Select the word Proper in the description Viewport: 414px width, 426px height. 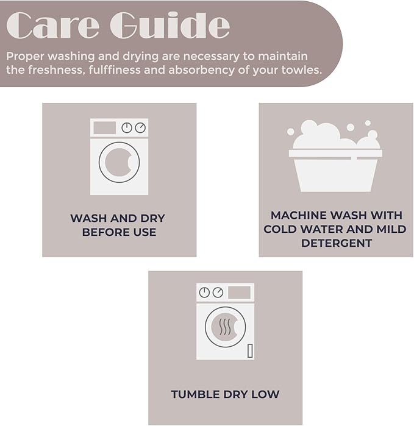[25, 56]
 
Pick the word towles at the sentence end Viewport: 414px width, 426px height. [301, 70]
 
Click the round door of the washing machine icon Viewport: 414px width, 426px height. [119, 162]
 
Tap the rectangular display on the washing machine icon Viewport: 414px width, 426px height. [105, 128]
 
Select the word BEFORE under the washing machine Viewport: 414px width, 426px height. [101, 232]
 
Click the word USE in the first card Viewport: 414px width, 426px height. [144, 232]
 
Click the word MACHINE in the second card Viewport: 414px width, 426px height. [297, 216]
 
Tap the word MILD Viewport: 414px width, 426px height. [387, 229]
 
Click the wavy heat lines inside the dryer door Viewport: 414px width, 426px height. [225, 327]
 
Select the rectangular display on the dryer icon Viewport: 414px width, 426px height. [239, 293]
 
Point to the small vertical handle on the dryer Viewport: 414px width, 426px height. [249, 350]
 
